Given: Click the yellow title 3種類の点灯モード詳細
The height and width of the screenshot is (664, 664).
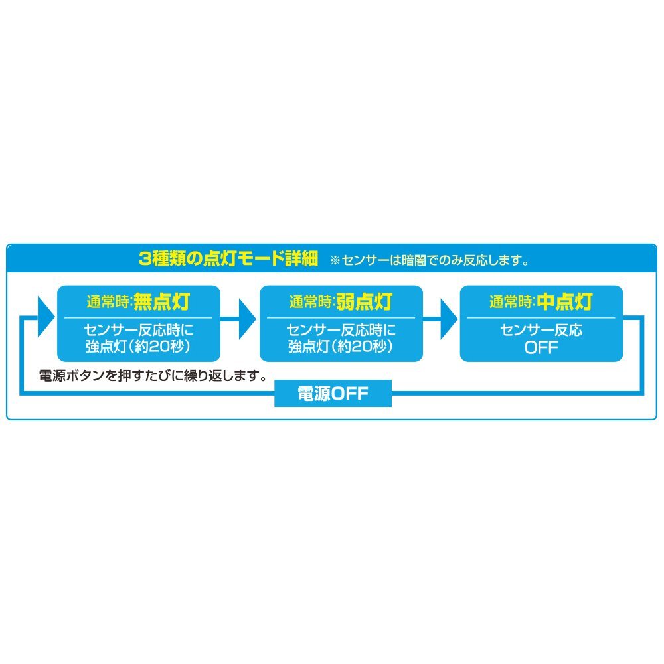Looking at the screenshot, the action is pos(228,258).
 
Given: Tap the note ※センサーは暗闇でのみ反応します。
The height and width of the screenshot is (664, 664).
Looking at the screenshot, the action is pos(430,260).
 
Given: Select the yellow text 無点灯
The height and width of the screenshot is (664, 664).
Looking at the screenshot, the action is pos(162,302).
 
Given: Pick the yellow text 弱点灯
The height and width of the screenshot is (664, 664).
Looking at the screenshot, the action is pos(364,302).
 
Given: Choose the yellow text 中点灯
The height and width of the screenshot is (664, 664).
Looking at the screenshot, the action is pos(564,302).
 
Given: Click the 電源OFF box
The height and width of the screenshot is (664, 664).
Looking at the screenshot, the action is pos(333,393).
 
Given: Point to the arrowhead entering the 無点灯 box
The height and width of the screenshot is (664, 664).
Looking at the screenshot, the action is pos(46,317).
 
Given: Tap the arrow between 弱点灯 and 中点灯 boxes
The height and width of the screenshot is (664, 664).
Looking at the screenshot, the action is pos(441,319).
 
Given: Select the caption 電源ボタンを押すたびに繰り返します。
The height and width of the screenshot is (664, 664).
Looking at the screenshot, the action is pos(153,376).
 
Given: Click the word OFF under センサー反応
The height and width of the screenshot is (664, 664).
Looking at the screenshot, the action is pos(541,348).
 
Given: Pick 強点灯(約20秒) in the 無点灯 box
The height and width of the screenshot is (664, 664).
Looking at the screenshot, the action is pos(139,347).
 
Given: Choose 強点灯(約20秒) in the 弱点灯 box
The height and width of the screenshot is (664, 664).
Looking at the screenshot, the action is pos(341,347).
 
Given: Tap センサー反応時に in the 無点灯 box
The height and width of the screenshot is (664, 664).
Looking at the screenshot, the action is pos(139,330).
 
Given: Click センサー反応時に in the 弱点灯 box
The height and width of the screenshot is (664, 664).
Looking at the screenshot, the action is pos(341,330).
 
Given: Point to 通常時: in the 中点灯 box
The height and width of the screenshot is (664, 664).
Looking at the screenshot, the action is pos(513,302).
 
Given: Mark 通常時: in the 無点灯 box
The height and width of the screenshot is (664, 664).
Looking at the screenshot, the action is pos(110,302).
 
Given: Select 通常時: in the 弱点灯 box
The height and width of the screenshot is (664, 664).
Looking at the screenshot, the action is pos(312,302).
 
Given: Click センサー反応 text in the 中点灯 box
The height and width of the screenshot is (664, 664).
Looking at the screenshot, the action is pos(541,330).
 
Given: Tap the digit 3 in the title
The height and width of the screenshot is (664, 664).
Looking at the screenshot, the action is pos(145,259).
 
